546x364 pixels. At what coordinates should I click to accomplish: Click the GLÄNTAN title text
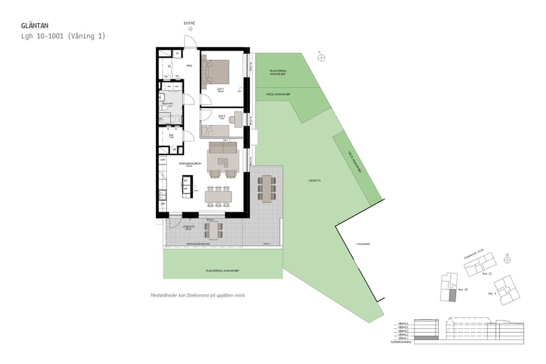click(34, 26)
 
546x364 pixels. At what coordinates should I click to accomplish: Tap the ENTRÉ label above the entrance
click(190, 23)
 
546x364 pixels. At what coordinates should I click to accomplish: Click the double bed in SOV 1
click(217, 71)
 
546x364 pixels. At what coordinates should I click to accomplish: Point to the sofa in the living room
click(222, 149)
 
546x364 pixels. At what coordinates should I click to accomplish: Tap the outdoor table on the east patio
click(267, 189)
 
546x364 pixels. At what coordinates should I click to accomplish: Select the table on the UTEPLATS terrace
click(213, 230)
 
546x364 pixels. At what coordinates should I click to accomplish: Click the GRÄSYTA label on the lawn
click(314, 180)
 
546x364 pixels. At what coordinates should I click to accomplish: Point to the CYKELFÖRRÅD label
click(363, 243)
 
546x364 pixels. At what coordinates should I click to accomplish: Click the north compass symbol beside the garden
click(321, 58)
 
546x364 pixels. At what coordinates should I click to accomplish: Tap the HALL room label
click(189, 66)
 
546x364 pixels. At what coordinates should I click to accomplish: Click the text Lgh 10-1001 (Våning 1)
click(62, 36)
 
